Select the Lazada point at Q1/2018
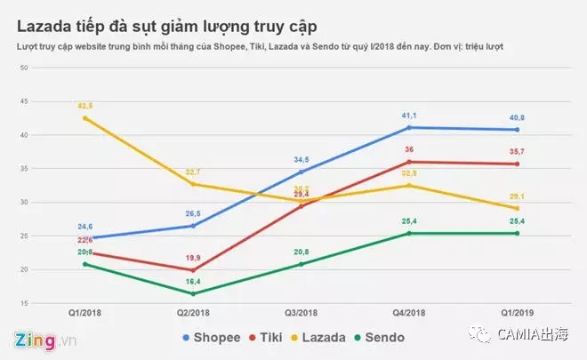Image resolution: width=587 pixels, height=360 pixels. point(85,117)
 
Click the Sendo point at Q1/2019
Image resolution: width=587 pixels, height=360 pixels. point(518,234)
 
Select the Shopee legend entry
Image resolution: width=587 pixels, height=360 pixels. point(213,337)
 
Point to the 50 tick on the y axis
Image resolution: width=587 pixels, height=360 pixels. point(23,68)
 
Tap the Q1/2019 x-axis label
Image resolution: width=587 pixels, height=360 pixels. point(518,313)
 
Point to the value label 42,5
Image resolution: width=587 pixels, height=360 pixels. point(85,106)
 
